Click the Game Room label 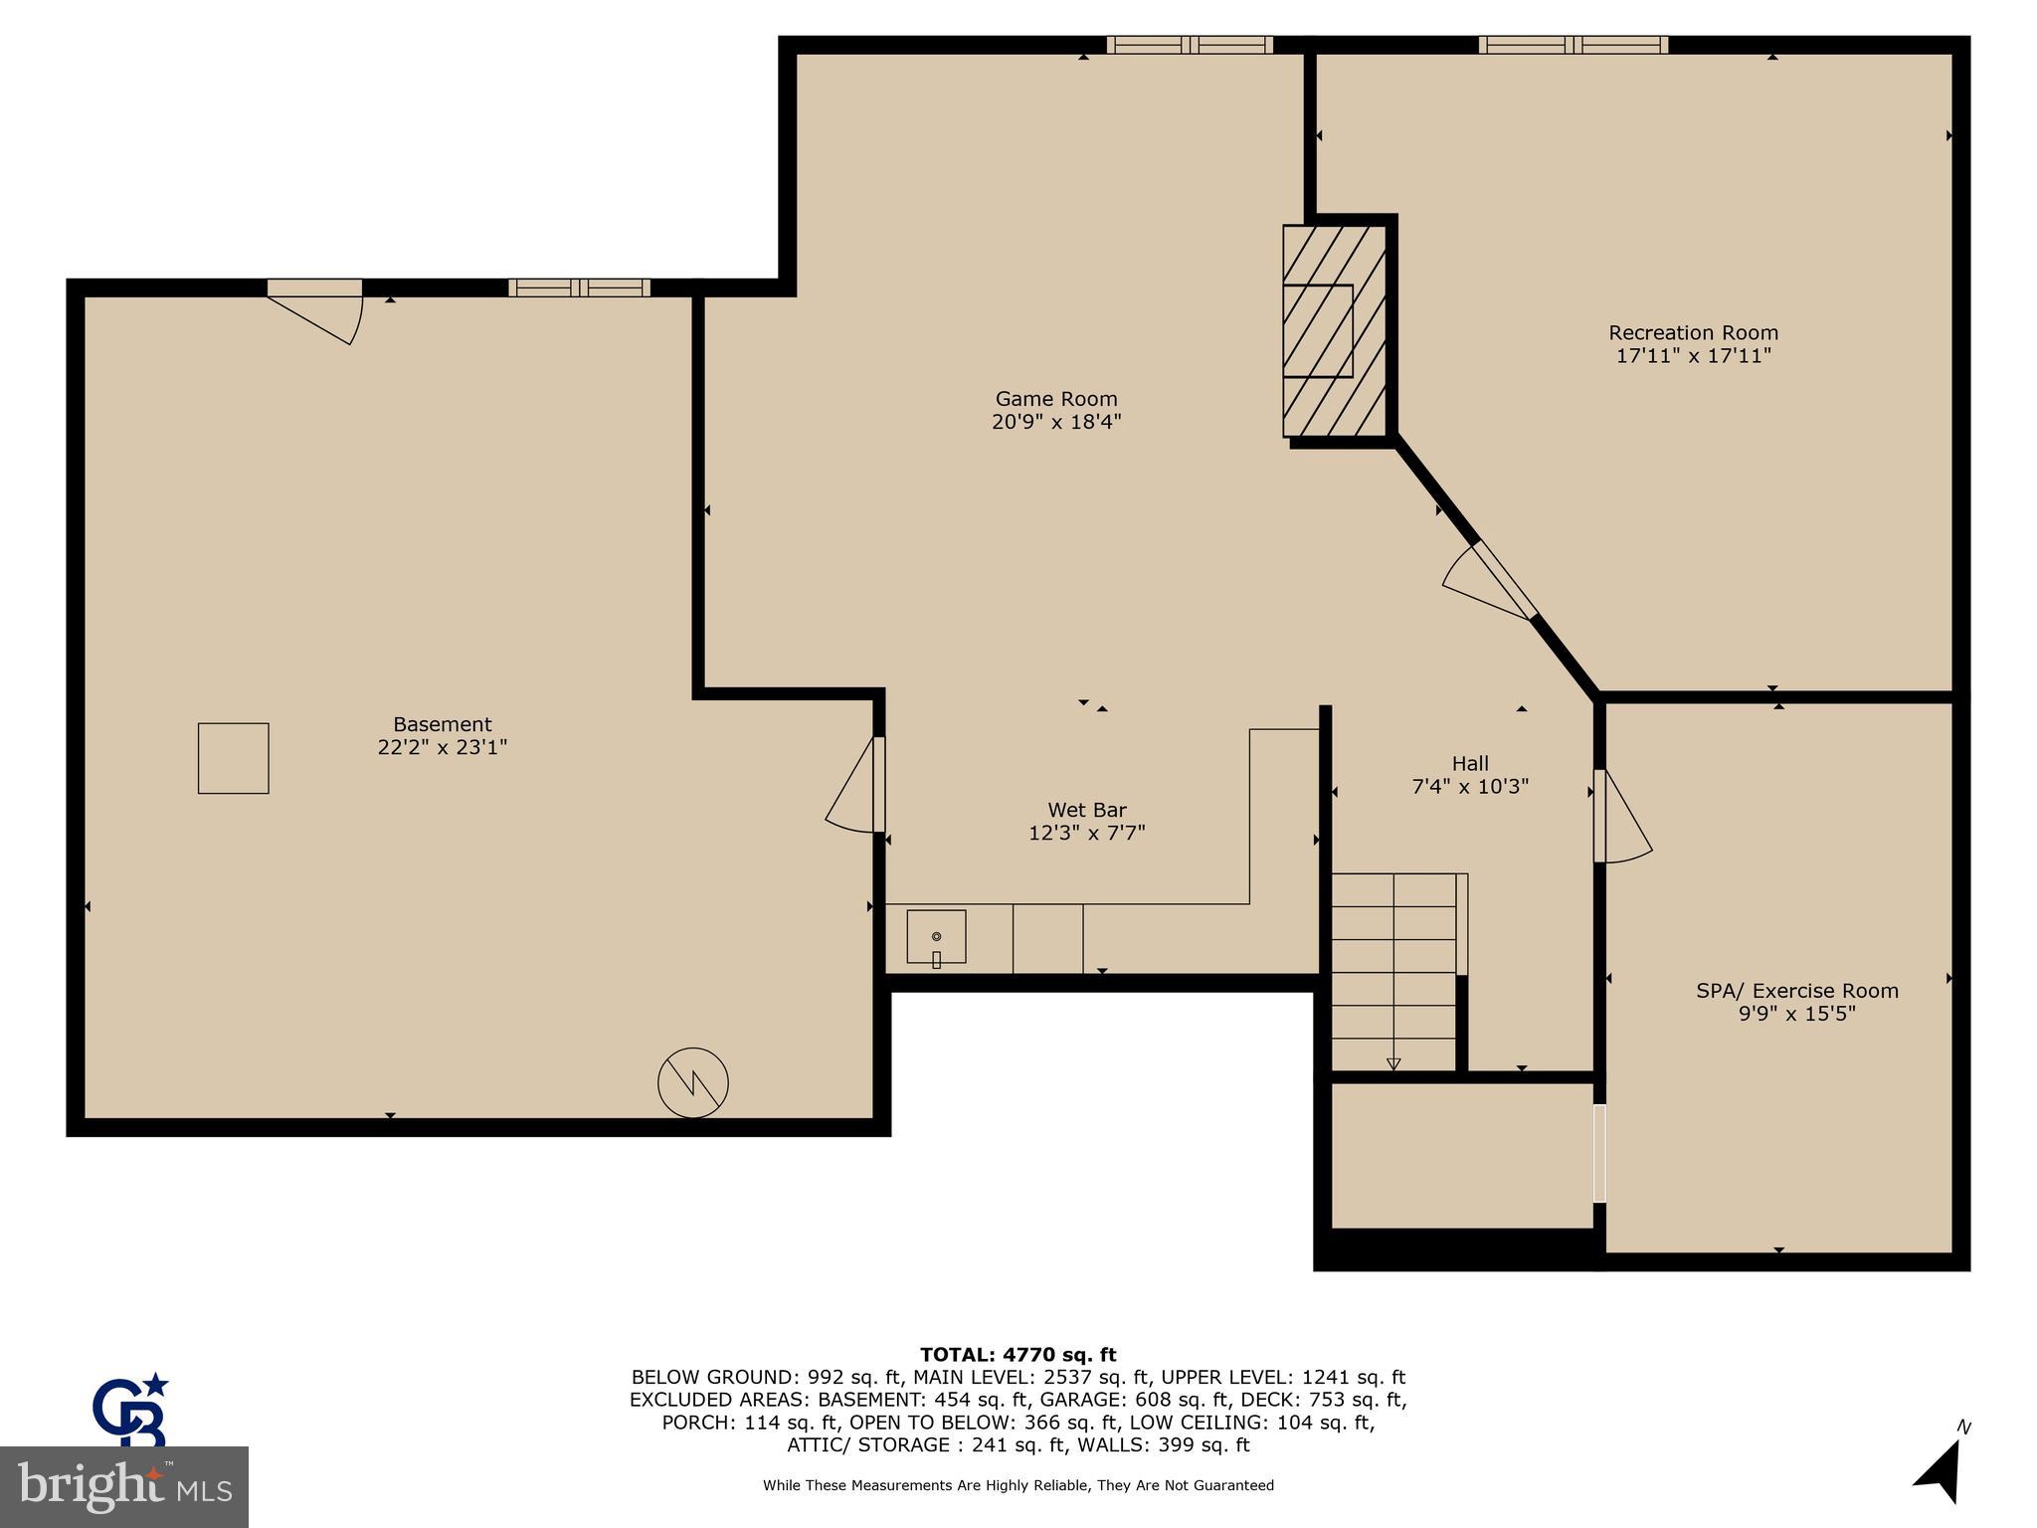pyautogui.click(x=1056, y=399)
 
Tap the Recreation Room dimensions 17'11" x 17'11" pyautogui.click(x=1693, y=356)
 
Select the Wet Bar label pyautogui.click(x=1086, y=810)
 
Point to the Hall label pyautogui.click(x=1470, y=763)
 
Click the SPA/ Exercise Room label pyautogui.click(x=1796, y=991)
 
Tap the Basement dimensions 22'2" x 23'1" pyautogui.click(x=442, y=747)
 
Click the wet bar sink pyautogui.click(x=936, y=936)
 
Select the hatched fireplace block pyautogui.click(x=1334, y=330)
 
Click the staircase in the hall pyautogui.click(x=1393, y=970)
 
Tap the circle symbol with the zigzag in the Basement pyautogui.click(x=693, y=1082)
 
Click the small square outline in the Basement pyautogui.click(x=233, y=758)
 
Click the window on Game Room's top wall pyautogui.click(x=1189, y=45)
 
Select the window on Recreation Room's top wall pyautogui.click(x=1573, y=45)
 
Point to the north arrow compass pyautogui.click(x=1941, y=1468)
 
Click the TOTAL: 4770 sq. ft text pyautogui.click(x=1018, y=1354)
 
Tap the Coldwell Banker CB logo pyautogui.click(x=131, y=1411)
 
